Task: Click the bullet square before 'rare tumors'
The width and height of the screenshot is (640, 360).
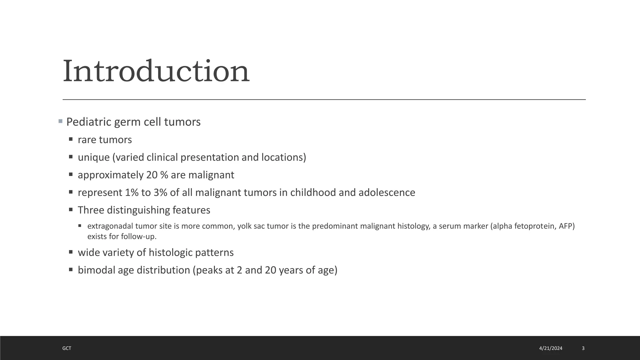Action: (x=71, y=139)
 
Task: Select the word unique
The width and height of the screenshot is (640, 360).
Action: (x=93, y=157)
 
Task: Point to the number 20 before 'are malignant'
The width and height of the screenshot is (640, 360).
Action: (x=152, y=175)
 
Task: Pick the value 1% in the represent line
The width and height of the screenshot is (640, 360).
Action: (x=132, y=192)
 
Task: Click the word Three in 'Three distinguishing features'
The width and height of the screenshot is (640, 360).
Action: (x=91, y=210)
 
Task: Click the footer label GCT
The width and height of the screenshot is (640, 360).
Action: (x=67, y=348)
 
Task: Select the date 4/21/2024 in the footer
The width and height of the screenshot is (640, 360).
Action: (x=551, y=348)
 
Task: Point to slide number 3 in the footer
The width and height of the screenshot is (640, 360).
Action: (x=583, y=348)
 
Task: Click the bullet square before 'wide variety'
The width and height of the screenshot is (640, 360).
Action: (x=71, y=252)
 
